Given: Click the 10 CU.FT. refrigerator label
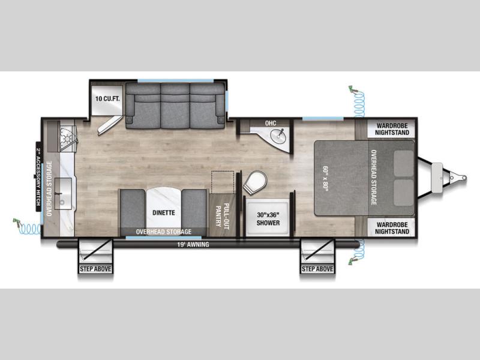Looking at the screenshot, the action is coord(107,98).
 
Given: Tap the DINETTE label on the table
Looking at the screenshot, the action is coord(164,212).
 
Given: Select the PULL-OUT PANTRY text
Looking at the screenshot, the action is coord(222,216).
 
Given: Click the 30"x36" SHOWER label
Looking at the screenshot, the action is coord(268,218).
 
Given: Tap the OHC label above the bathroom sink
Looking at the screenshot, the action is coord(271,123).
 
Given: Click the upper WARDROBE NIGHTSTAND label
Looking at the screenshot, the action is coord(392,129).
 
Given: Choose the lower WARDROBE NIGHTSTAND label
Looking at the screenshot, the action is coord(392,228).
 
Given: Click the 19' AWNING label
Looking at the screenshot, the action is coord(193,244).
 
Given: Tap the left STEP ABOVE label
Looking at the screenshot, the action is coord(95,269).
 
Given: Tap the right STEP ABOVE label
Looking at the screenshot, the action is coord(317,269).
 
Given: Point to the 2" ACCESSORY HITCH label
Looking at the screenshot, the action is coord(38,176).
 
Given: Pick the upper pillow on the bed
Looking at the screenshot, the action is coord(403,163).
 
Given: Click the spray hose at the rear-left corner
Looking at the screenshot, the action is coord(27,227).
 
